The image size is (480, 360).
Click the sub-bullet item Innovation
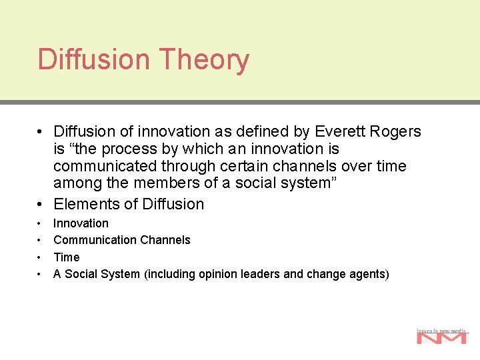click(x=81, y=223)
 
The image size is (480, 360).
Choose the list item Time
click(x=66, y=257)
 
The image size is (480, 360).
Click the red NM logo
click(x=441, y=337)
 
